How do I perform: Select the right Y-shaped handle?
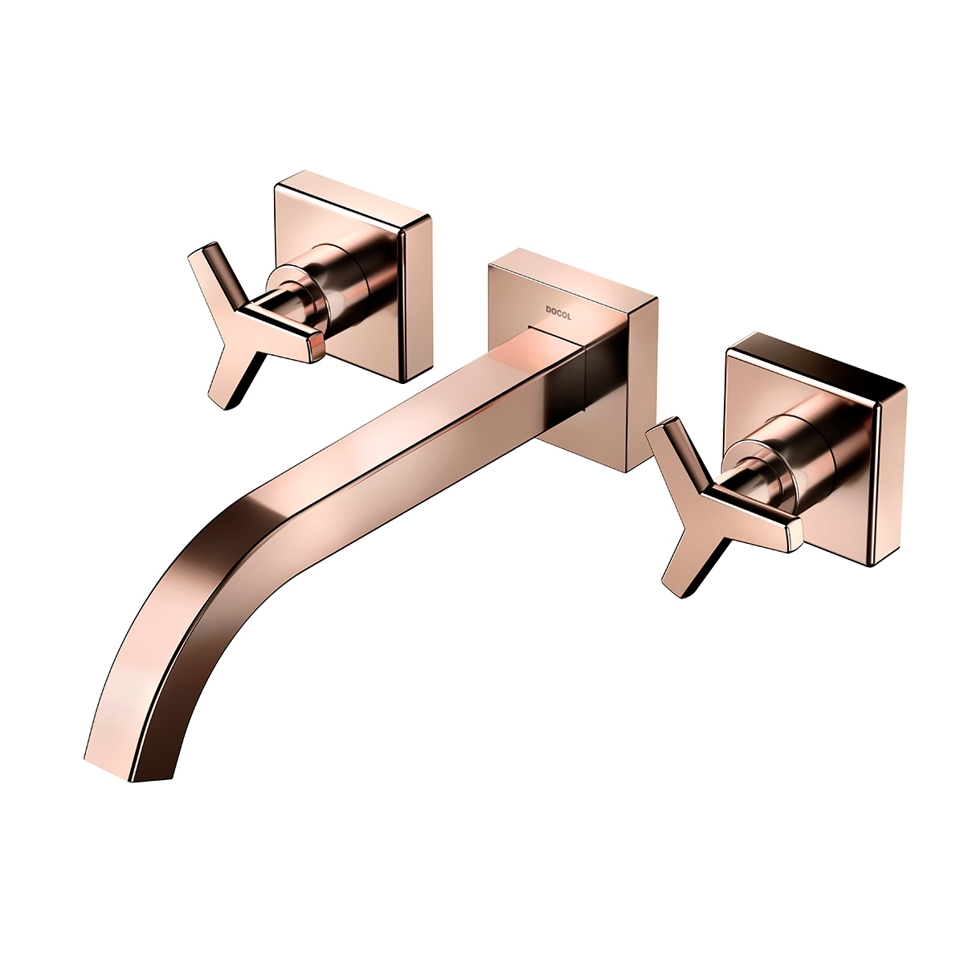point(710,506)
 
